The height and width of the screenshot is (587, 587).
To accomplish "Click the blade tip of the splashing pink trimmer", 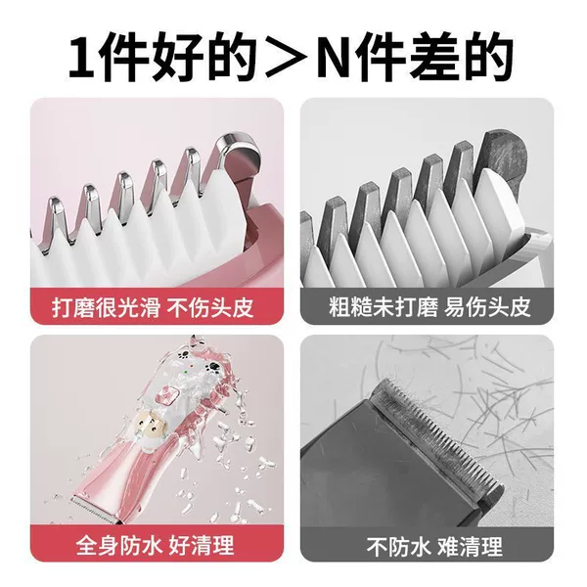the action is pyautogui.click(x=97, y=510).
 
